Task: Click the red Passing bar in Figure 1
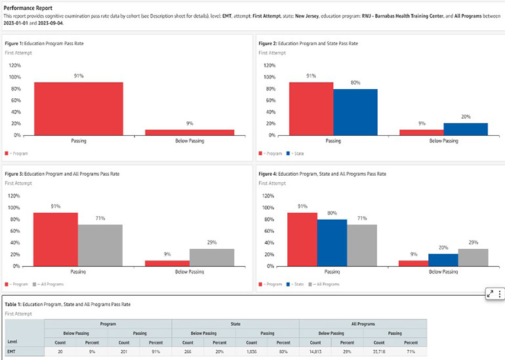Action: (79, 109)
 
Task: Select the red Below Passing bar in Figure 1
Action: (190, 132)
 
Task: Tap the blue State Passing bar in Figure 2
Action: (355, 111)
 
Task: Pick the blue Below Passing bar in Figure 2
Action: (466, 129)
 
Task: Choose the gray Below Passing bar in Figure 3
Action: (212, 257)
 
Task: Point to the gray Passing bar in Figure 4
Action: (363, 245)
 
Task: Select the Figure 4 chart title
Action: (322, 174)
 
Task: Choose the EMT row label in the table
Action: (12, 353)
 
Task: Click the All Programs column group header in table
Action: (362, 323)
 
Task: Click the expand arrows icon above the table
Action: (490, 294)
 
